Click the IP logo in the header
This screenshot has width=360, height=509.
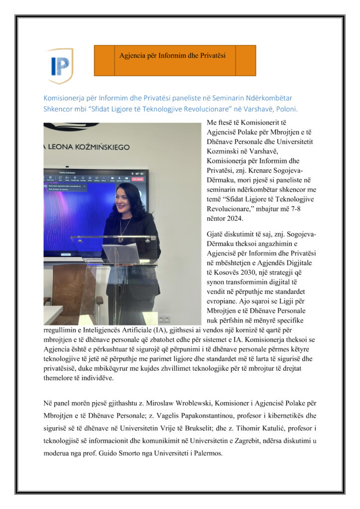59,65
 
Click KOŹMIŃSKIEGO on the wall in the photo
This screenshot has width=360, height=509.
94,147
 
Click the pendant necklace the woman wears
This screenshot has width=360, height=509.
121,238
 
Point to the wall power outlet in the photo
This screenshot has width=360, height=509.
163,318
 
